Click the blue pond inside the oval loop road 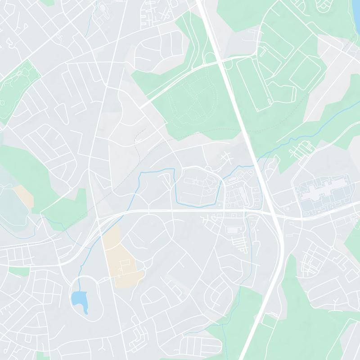[77, 298]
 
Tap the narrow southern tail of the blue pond [85, 310]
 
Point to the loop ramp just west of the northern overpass [209, 58]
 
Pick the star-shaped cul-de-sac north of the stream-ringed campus [225, 157]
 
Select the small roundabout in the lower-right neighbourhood [332, 248]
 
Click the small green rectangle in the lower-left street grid [19, 271]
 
